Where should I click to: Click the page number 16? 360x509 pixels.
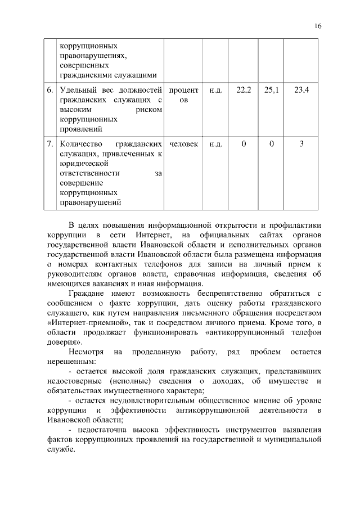(318, 26)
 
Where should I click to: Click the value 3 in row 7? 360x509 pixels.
(301, 145)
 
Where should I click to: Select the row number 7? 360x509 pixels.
(50, 145)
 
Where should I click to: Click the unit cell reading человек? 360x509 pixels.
(183, 145)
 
